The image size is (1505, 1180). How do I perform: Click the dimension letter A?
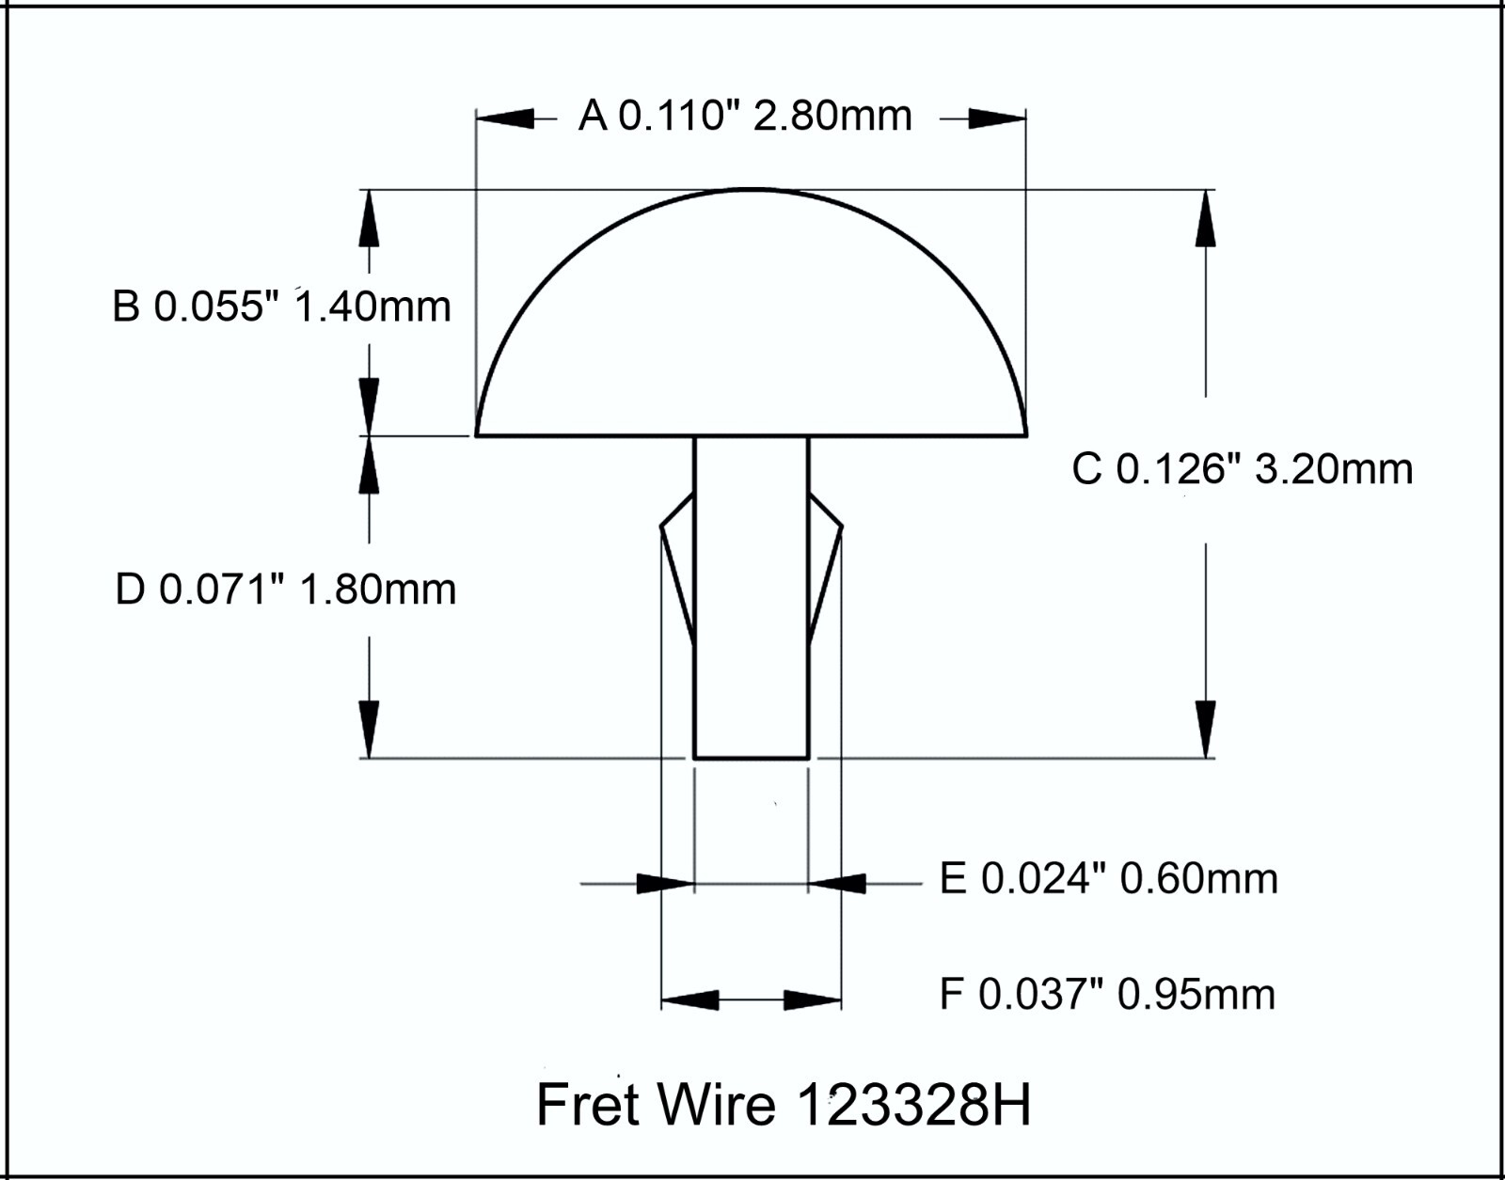click(593, 117)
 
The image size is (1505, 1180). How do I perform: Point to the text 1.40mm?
click(373, 307)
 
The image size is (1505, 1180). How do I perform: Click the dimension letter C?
click(1086, 468)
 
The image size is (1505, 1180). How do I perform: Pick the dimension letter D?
click(130, 590)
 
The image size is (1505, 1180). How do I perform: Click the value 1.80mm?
click(377, 590)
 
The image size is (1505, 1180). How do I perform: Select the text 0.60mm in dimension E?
click(1200, 879)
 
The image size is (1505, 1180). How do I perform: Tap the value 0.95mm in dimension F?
click(1196, 995)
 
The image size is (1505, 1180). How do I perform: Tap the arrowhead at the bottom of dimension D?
click(369, 729)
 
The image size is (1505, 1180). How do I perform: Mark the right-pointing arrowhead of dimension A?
click(997, 118)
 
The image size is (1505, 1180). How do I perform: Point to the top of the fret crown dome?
click(751, 190)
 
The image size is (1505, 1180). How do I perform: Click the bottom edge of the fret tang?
click(752, 757)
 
